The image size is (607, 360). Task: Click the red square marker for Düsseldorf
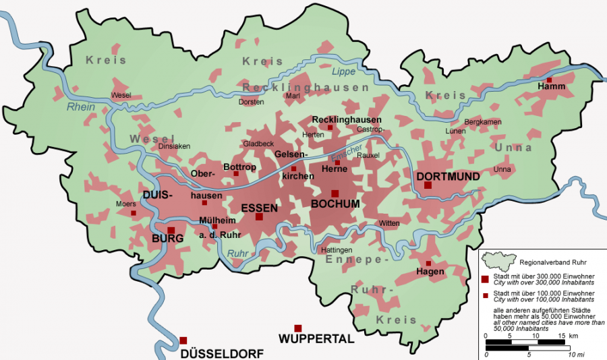183,340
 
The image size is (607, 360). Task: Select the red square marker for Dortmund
428,185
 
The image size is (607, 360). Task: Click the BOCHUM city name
335,204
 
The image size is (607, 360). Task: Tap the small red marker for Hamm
550,80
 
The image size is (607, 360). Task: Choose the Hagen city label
431,272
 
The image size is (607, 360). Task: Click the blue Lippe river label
343,71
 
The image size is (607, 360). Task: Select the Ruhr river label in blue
238,253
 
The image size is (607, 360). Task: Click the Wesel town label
121,95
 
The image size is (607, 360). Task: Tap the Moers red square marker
133,213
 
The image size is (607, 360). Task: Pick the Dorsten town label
251,102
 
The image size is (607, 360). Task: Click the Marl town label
293,96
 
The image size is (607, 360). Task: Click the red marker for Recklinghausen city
330,127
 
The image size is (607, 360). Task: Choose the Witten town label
389,223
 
